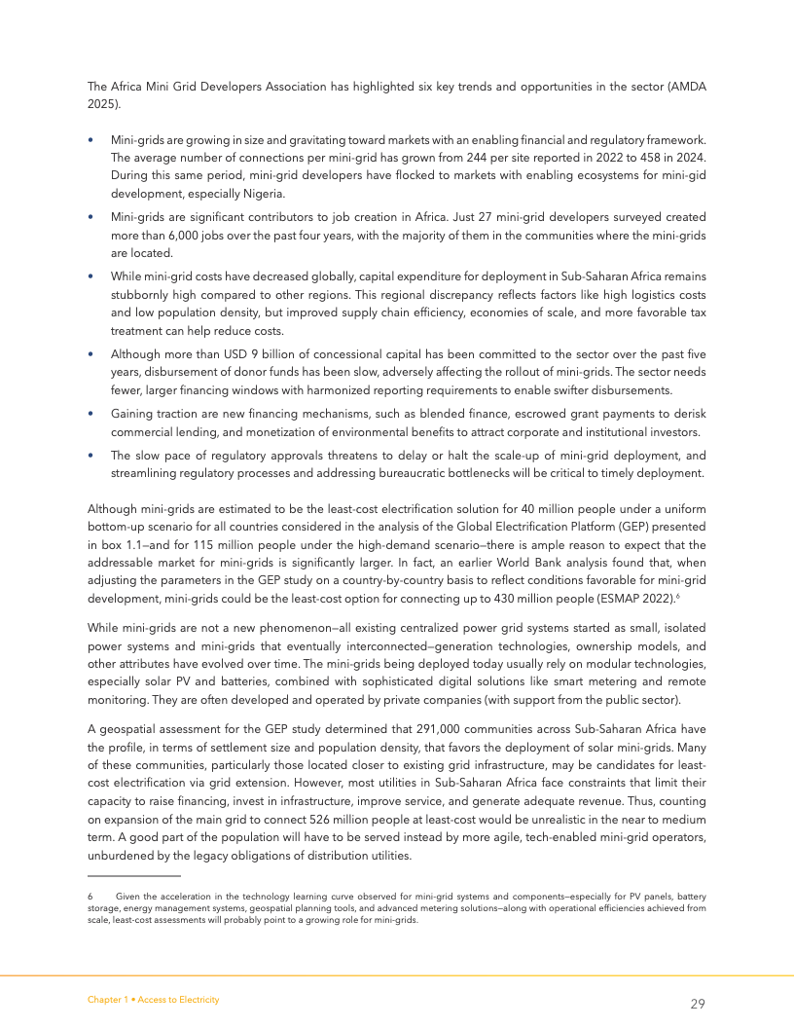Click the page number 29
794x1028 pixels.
point(698,1004)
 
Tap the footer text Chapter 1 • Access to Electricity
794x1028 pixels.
point(153,999)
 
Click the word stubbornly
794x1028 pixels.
point(138,294)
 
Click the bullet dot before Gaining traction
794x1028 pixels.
point(90,414)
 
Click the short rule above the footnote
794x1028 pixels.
point(126,877)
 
